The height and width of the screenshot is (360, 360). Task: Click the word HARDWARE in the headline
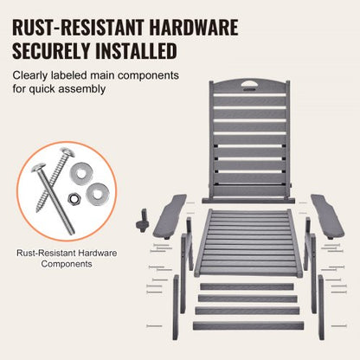tap(194, 28)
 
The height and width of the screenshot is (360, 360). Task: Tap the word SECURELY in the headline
tap(51, 51)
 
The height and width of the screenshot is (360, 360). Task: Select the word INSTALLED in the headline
tap(136, 51)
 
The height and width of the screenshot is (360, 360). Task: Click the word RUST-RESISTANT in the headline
tap(78, 28)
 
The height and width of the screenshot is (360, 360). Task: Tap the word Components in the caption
tap(67, 264)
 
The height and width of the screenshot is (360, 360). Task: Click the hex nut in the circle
tap(74, 198)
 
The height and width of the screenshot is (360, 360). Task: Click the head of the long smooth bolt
tap(38, 167)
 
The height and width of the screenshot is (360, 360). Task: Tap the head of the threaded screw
tap(67, 152)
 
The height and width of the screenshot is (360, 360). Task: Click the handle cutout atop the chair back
tap(249, 84)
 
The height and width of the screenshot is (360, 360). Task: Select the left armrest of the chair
tap(170, 216)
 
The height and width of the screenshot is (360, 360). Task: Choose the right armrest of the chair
tap(327, 216)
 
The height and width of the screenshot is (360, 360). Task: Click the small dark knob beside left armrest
tap(142, 222)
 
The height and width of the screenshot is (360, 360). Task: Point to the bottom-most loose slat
tap(248, 325)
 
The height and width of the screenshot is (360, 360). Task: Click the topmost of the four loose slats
tap(247, 286)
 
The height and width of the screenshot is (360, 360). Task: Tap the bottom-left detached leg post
tap(176, 307)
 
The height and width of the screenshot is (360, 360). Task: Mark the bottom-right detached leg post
tap(321, 307)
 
